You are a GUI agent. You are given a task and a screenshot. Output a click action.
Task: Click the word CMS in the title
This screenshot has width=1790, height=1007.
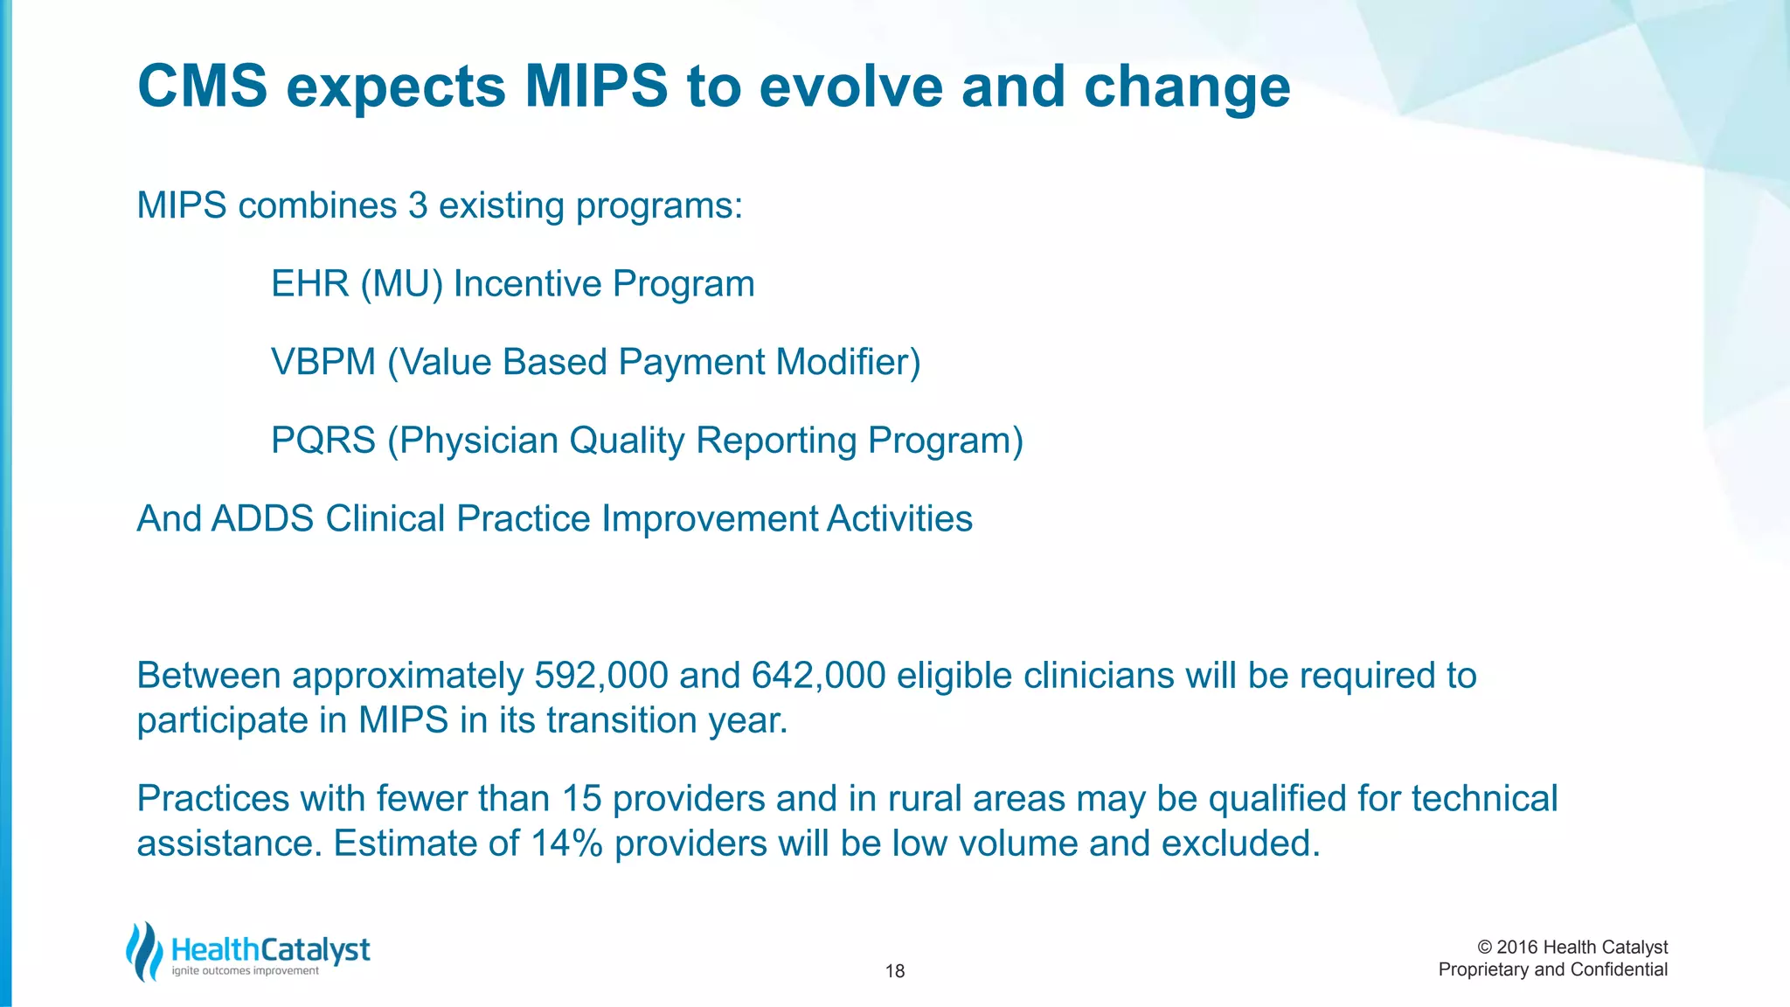(202, 87)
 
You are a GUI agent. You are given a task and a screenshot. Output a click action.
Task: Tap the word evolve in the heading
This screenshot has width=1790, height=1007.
(851, 87)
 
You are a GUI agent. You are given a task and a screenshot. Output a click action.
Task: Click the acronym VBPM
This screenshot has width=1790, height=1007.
(323, 362)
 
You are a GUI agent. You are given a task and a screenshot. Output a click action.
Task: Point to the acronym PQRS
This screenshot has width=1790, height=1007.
(323, 441)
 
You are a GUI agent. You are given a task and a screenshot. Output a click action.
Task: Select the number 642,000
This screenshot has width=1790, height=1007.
(818, 676)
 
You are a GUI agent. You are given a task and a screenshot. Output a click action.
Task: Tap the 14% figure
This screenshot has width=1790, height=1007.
(566, 844)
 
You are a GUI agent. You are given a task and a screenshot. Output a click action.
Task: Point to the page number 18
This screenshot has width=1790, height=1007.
(894, 971)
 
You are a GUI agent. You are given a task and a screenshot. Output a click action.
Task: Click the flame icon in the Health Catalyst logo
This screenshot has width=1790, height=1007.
(144, 951)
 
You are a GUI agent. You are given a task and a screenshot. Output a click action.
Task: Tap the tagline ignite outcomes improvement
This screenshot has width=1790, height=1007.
(245, 971)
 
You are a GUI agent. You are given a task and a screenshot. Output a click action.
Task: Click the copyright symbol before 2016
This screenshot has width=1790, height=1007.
(1484, 948)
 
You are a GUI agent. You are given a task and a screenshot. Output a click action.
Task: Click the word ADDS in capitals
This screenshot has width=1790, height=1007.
(262, 519)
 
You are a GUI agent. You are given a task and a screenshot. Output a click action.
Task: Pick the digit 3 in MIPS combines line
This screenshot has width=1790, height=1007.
(417, 206)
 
